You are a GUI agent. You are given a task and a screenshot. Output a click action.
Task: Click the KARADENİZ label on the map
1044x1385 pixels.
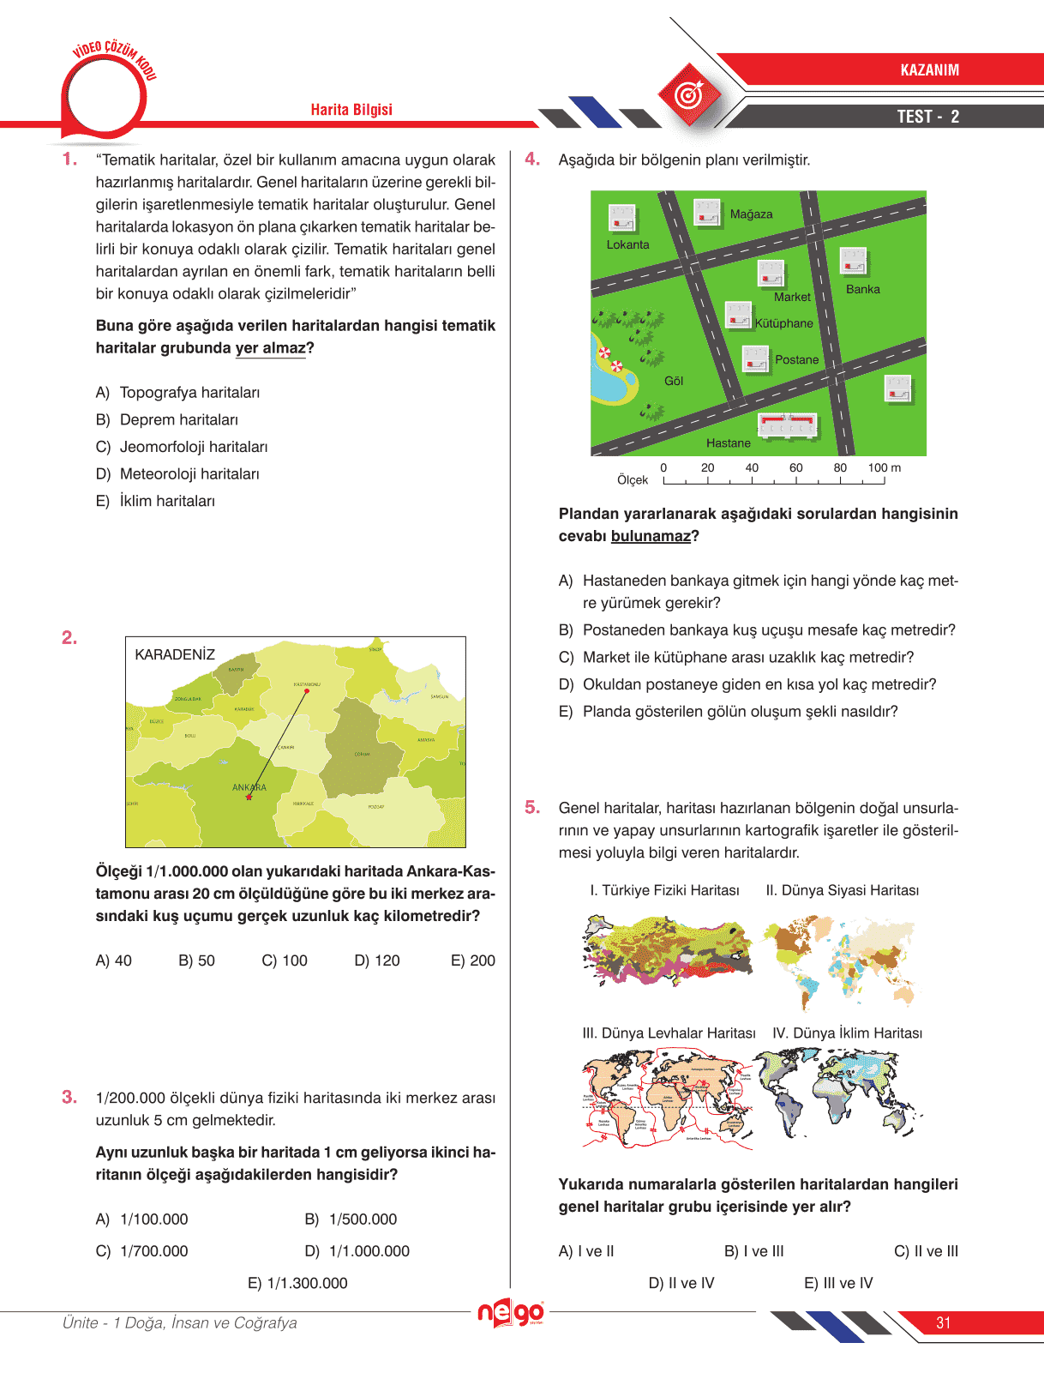pos(175,654)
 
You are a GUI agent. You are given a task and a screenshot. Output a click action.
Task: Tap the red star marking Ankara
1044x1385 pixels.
pos(249,798)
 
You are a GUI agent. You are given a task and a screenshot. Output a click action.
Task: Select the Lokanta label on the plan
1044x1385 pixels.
pos(627,244)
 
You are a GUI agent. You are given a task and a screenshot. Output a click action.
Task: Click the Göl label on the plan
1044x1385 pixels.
pos(674,381)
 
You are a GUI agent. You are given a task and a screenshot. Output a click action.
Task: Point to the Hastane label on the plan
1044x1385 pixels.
pos(728,443)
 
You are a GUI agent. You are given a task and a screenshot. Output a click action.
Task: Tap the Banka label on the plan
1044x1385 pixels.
pos(862,289)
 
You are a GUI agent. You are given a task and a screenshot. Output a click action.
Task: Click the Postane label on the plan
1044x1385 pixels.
pos(796,359)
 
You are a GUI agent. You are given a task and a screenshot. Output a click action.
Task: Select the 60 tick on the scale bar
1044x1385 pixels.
pos(795,468)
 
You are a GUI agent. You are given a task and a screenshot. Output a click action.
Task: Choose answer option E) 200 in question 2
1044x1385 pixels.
pos(472,960)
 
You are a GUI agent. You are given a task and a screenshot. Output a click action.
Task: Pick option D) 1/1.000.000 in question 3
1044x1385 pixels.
pos(357,1251)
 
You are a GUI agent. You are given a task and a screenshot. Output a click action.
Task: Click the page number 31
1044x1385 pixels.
pos(943,1322)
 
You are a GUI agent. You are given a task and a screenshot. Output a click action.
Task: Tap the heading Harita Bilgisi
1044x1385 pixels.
pos(351,110)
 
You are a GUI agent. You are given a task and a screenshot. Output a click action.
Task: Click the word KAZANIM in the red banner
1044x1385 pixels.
pos(929,70)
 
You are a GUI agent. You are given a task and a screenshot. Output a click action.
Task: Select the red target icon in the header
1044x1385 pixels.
pos(689,94)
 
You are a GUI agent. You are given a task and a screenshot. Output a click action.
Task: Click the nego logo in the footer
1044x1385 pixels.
pos(510,1312)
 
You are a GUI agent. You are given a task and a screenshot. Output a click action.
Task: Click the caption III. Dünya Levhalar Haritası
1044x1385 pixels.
pos(669,1033)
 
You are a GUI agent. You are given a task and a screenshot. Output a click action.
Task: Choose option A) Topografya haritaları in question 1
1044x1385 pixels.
pos(177,392)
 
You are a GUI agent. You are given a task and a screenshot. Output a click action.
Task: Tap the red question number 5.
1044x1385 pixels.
pos(532,807)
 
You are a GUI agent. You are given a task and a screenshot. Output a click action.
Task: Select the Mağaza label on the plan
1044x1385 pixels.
pos(751,214)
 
